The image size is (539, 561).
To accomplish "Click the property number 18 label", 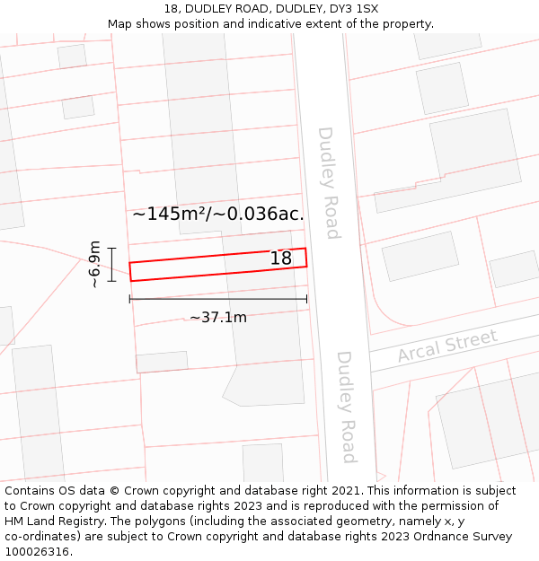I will coord(281,259).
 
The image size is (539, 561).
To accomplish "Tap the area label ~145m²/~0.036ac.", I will coord(218,214).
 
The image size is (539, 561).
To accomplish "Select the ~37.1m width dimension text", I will coord(217,317).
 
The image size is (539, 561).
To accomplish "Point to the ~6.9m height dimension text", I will coord(94,264).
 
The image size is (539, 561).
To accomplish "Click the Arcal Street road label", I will coord(447,346).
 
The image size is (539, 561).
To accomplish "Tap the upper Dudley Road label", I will coord(329,183).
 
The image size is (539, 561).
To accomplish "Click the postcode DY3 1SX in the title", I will coord(355,9).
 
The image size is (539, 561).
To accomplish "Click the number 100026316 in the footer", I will coord(38,551).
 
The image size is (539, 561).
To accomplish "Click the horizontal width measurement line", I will coord(218,299).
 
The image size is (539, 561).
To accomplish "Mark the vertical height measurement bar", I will coord(111,264).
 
